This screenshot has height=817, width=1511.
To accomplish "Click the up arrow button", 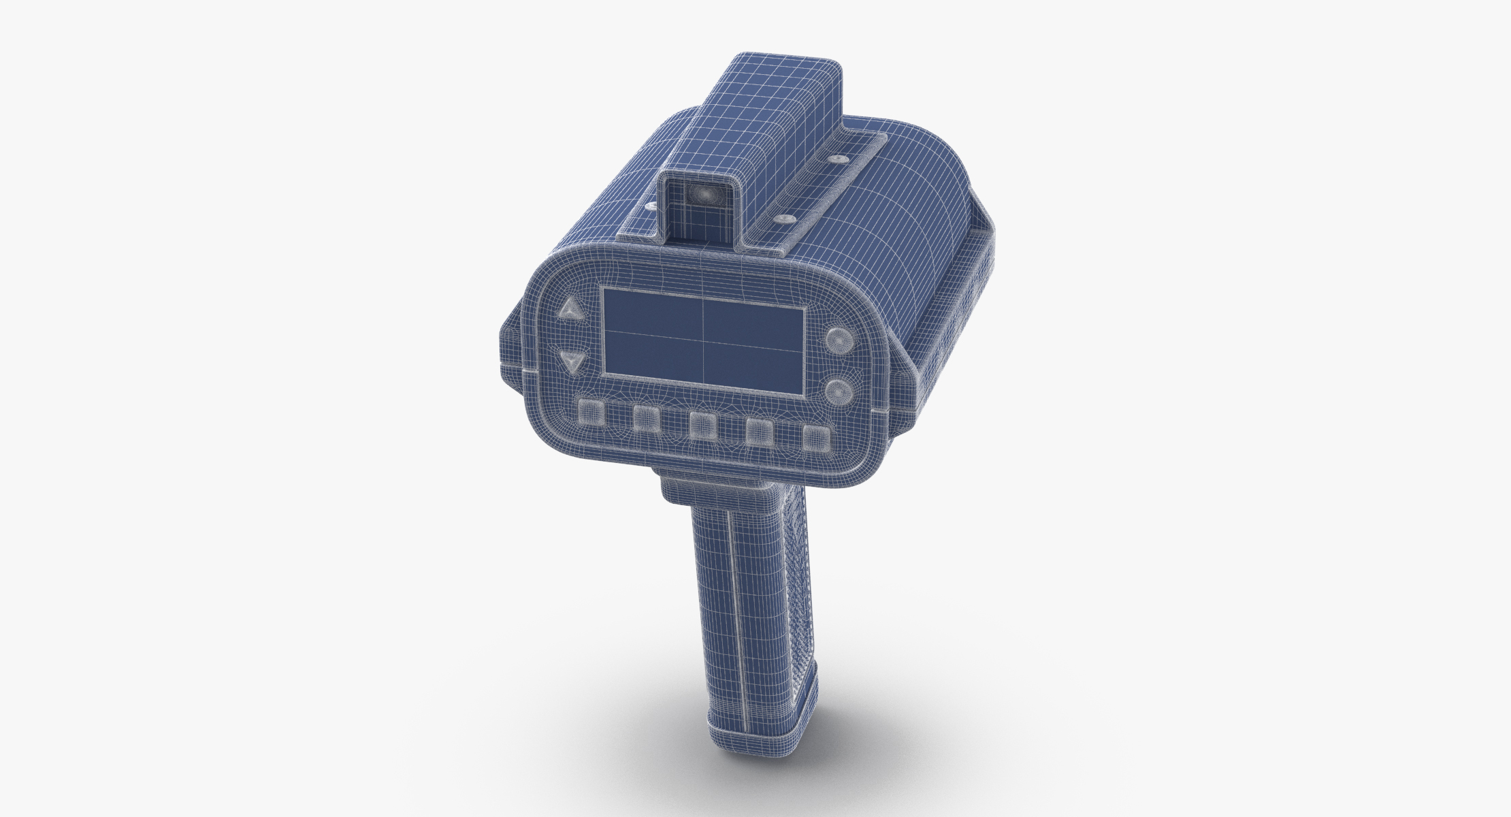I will click(570, 312).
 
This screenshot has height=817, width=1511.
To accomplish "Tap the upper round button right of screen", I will click(838, 340).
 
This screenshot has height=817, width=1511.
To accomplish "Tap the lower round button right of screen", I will click(838, 391).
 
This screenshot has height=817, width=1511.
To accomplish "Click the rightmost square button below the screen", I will click(815, 437).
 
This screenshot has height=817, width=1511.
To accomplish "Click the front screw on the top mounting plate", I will click(786, 219).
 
